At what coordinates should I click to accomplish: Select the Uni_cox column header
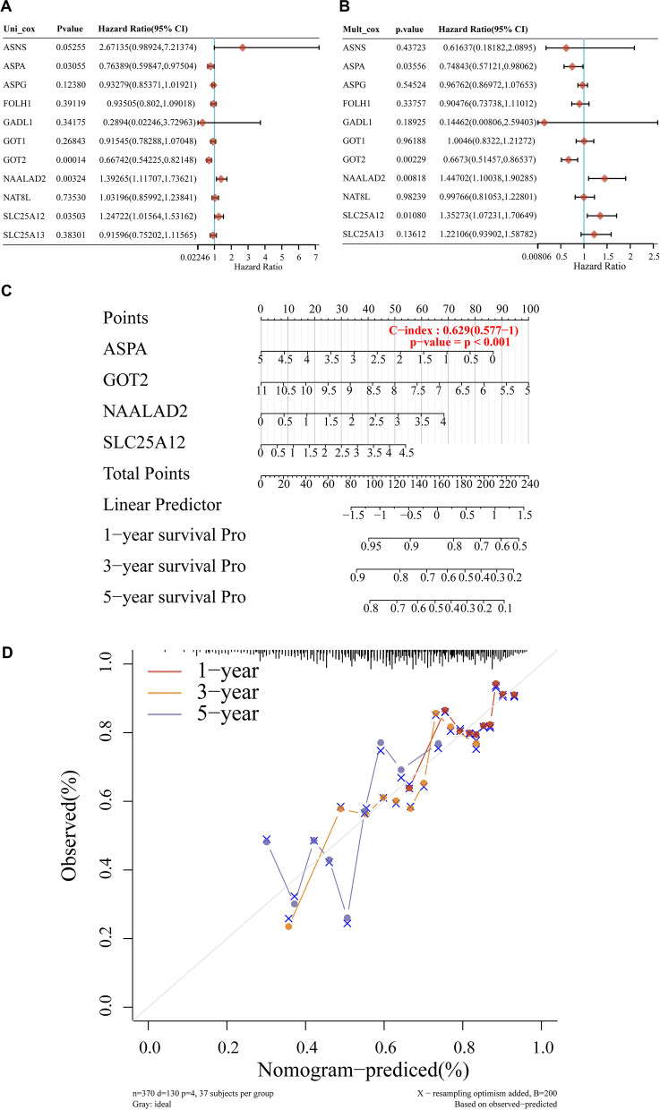coord(19,29)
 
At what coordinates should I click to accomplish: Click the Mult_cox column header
coord(363,29)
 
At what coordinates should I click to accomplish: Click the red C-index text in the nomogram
coord(452,330)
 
